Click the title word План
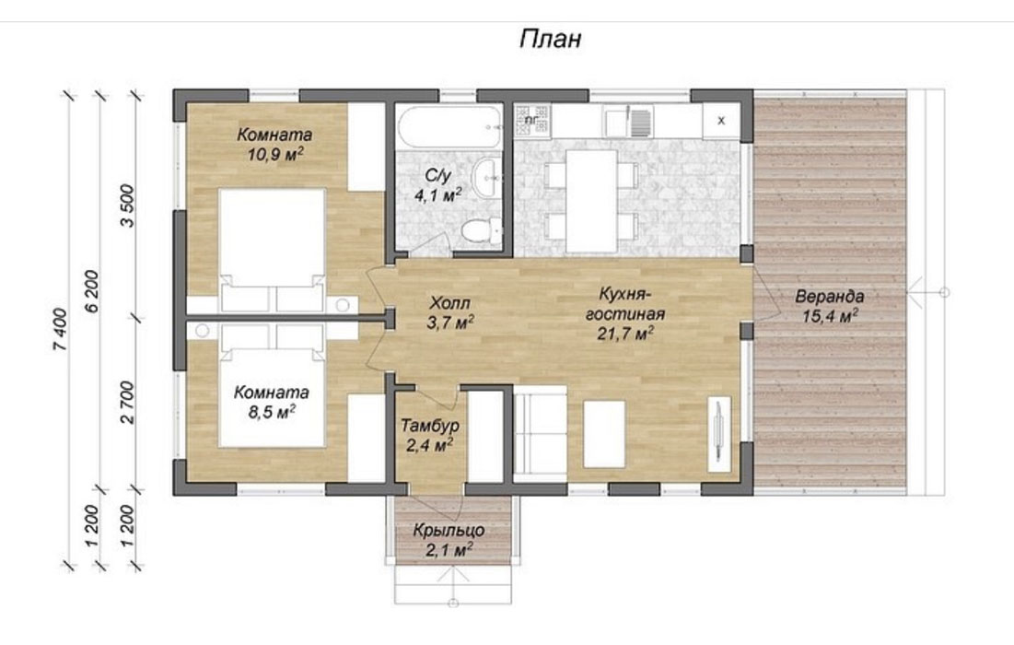551,39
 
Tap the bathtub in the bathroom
449,127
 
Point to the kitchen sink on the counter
628,122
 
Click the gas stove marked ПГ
532,121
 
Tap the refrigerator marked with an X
721,121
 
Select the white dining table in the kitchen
591,201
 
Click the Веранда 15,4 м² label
830,306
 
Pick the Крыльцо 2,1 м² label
449,540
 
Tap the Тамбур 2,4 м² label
429,435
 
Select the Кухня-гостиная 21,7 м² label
624,313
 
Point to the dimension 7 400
60,330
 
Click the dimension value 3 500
128,205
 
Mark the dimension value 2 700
128,403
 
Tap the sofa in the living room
540,433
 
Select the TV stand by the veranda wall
719,433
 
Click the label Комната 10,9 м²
274,144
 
